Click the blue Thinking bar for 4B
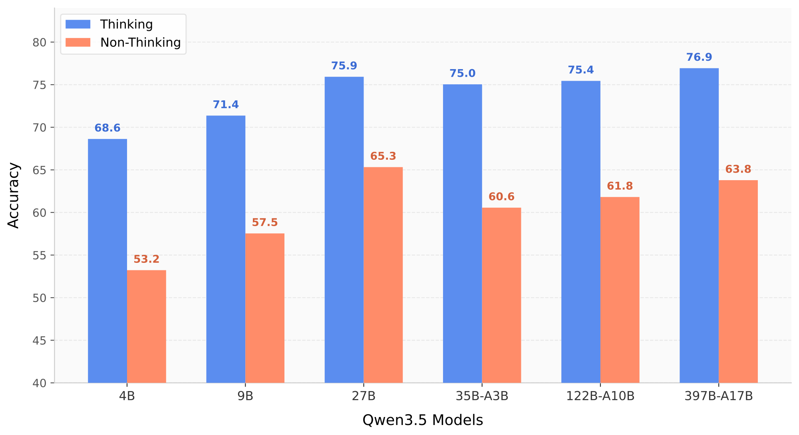107,261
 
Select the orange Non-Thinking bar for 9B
265,308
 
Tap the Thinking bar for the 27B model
344,230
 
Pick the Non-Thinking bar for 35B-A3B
501,295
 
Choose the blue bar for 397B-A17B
699,225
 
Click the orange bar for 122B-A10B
620,290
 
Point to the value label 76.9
699,57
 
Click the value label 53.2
147,259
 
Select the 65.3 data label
383,156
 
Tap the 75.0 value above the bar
463,73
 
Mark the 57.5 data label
265,222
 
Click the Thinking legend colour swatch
78,24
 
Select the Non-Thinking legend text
141,42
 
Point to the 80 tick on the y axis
39,42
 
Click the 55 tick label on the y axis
39,255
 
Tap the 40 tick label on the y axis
39,383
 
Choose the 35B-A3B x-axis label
482,396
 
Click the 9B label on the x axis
245,396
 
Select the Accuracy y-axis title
14,195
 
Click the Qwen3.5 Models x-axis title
423,420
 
